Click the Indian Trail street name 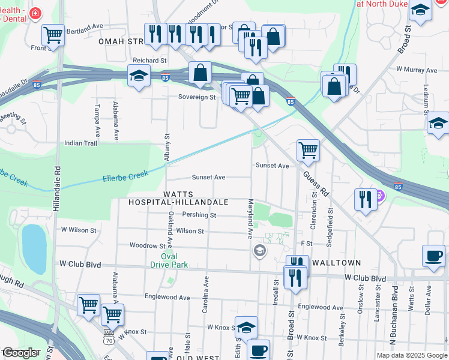tap(80, 143)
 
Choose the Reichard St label tap(149, 61)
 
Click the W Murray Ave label tap(416, 70)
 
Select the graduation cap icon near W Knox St tap(246, 328)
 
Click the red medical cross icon tap(36, 12)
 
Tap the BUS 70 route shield tap(107, 338)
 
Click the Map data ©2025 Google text tap(411, 355)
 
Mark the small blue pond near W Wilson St tap(34, 248)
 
